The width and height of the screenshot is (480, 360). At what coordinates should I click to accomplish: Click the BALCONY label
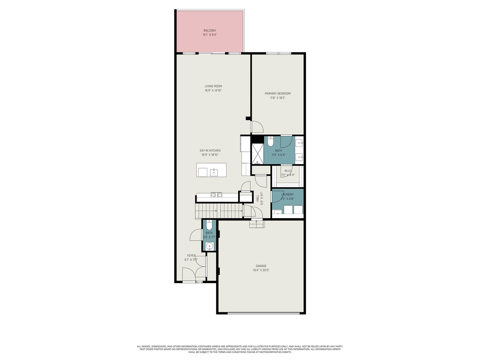click(210, 31)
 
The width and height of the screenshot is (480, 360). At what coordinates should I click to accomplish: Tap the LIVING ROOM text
click(213, 86)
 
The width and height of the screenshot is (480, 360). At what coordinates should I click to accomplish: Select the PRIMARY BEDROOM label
click(277, 94)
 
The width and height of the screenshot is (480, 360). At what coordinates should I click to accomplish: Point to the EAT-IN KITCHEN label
click(210, 151)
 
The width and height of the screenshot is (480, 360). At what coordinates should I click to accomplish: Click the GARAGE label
click(261, 266)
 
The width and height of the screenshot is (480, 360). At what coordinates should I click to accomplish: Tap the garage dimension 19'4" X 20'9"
click(261, 270)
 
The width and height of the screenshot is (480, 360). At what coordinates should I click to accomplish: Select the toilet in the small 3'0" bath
click(209, 225)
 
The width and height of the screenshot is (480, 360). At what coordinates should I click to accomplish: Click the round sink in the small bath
click(209, 246)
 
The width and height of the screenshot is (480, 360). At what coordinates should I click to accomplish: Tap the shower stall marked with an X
click(257, 154)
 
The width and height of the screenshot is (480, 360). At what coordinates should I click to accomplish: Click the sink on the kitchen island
click(214, 172)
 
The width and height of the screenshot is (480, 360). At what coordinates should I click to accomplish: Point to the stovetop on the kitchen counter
click(216, 195)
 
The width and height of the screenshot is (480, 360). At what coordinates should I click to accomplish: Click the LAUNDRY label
click(288, 195)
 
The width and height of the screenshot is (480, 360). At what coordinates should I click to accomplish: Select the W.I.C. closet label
click(288, 171)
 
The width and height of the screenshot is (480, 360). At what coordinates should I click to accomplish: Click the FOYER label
click(191, 256)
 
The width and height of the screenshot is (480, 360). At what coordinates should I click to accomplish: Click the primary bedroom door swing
click(257, 127)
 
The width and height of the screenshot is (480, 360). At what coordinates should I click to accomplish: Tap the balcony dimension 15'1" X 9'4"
click(210, 35)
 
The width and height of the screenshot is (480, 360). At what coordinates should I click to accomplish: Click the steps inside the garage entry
click(257, 224)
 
